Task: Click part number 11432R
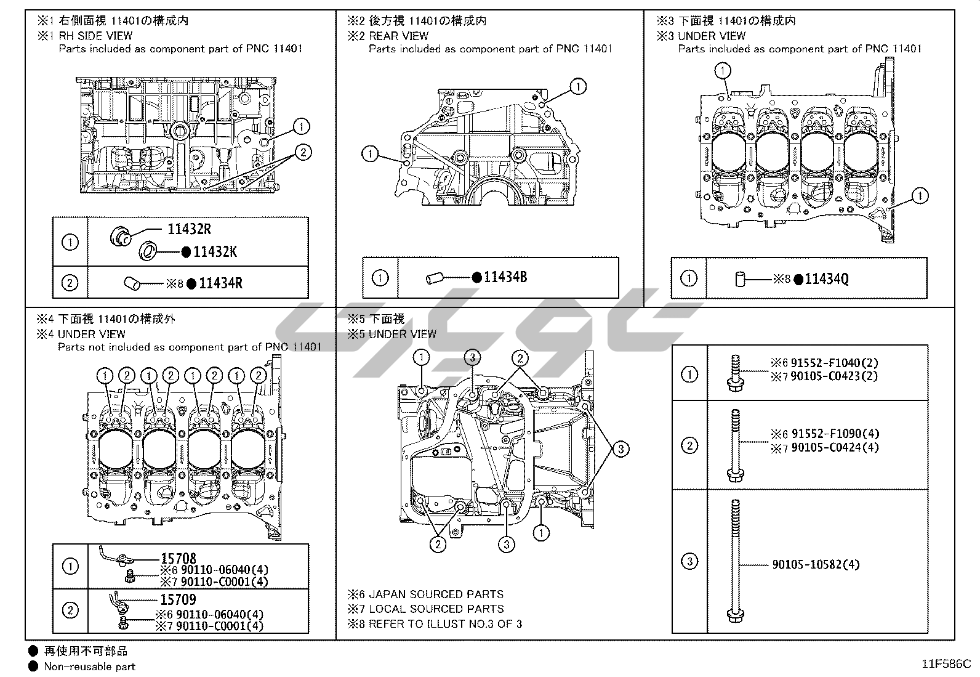coord(190,229)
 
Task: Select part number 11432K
coord(215,252)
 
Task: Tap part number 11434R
coord(220,283)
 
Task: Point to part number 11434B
coord(505,277)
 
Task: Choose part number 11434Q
coord(827,279)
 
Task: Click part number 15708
coord(179,558)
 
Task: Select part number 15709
coord(178,599)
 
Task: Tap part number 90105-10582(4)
coord(816,564)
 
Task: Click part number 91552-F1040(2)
coord(835,363)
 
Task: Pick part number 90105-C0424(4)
coord(835,448)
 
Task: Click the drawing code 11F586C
coord(946,664)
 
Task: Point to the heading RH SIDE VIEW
coord(95,36)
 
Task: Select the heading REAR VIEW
coord(398,36)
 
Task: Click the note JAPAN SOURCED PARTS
coord(436,594)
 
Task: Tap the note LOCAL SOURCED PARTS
coord(436,609)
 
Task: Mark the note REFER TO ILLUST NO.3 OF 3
coord(446,624)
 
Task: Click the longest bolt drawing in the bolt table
coord(736,561)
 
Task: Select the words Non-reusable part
coord(90,667)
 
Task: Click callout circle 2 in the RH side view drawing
coord(303,152)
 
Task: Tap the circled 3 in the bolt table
coord(690,561)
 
